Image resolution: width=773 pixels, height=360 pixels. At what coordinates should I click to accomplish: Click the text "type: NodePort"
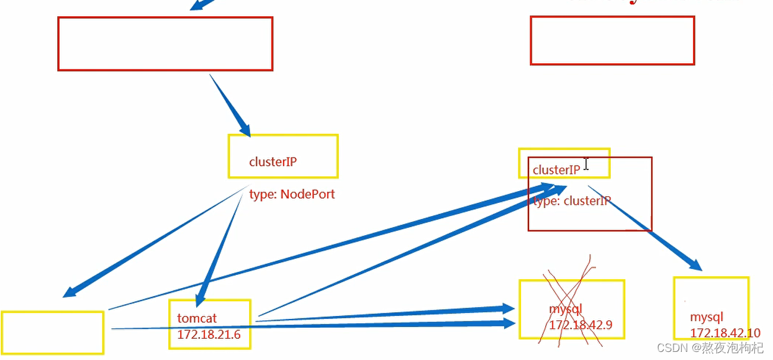tap(292, 194)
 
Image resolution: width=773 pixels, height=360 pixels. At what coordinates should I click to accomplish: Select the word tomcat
tap(197, 318)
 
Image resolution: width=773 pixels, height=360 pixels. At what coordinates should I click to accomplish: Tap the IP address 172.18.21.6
tap(209, 335)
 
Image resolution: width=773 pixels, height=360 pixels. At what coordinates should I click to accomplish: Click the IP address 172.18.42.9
tap(581, 325)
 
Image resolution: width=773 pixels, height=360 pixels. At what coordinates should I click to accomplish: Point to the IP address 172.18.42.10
tap(725, 333)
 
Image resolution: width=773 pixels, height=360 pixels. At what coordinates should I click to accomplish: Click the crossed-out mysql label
tap(565, 309)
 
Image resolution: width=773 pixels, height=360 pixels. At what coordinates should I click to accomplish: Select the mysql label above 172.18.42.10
tap(707, 317)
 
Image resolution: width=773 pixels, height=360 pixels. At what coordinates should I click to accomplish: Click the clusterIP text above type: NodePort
tap(273, 162)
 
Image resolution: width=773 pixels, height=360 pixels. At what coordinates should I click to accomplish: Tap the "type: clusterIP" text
tap(572, 201)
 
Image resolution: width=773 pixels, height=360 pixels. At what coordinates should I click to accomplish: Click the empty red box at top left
tap(165, 43)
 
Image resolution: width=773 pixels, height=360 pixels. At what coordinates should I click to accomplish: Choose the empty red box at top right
tap(612, 40)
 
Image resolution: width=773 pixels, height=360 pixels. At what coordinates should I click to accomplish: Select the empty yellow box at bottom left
tap(52, 332)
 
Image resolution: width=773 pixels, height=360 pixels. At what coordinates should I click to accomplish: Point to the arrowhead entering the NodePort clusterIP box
tap(244, 129)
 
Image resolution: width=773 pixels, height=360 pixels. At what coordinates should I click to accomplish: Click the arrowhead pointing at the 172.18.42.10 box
tap(695, 266)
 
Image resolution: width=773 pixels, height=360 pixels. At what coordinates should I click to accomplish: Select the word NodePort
tap(307, 194)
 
